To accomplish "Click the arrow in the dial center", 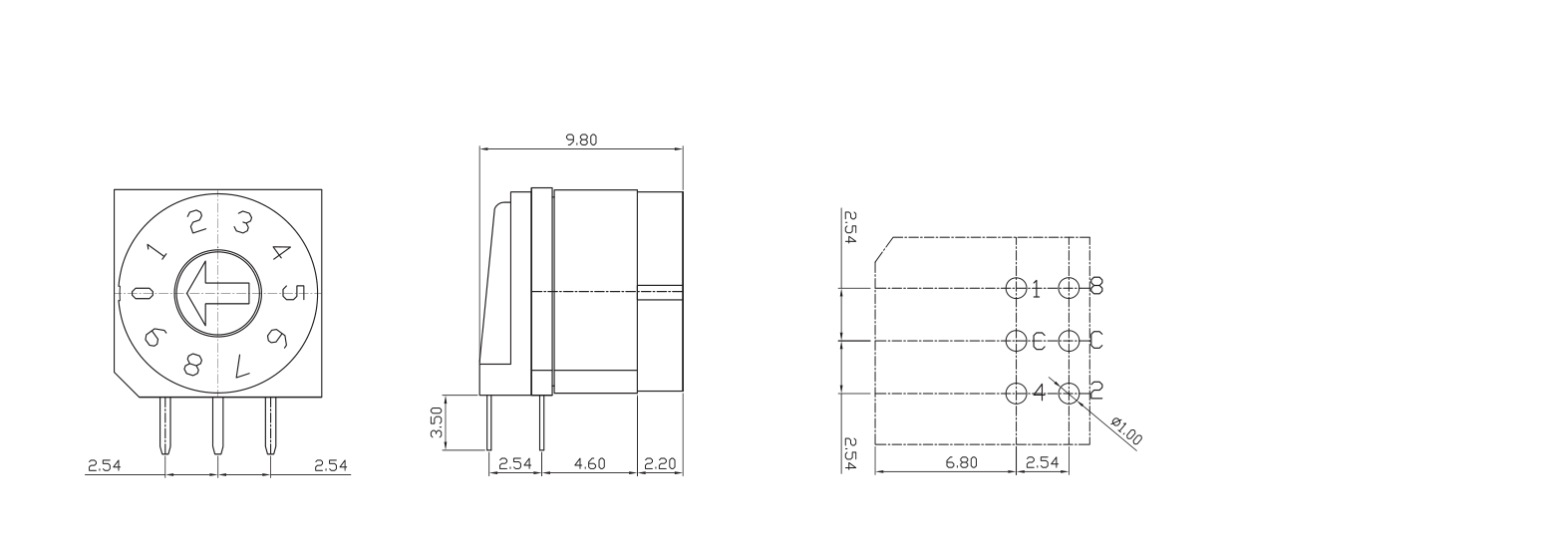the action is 216,293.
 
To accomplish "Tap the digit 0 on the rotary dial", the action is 143,294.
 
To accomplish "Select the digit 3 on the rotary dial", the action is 243,221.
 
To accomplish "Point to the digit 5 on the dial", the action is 294,293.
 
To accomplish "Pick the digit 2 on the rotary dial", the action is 197,222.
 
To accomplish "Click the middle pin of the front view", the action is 217,426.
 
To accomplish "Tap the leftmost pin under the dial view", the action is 165,426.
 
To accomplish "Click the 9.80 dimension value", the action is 582,139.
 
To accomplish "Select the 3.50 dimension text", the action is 435,421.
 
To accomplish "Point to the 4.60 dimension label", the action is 590,464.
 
